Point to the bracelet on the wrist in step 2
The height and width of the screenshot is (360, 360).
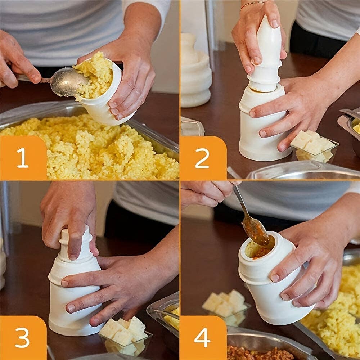click(x=252, y=4)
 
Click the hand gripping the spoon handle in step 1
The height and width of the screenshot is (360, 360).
click(x=18, y=61)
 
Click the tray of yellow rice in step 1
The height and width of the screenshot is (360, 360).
click(x=90, y=151)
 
